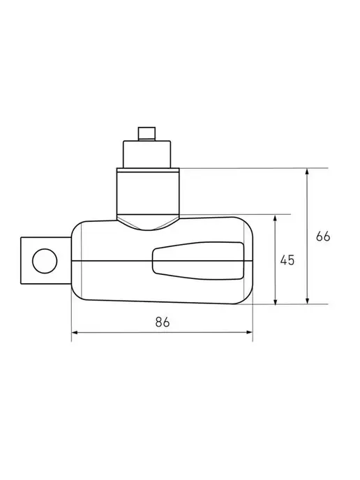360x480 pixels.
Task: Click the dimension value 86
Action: click(163, 322)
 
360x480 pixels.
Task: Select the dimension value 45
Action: click(287, 260)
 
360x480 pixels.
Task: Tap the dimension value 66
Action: click(323, 237)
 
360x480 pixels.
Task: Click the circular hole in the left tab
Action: click(45, 261)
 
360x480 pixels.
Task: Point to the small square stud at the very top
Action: click(147, 134)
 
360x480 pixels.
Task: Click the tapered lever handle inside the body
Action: click(198, 260)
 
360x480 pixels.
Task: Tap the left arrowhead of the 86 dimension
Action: click(75, 332)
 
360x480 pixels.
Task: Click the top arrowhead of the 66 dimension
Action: click(307, 172)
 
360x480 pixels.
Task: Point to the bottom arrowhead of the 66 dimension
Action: click(307, 301)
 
